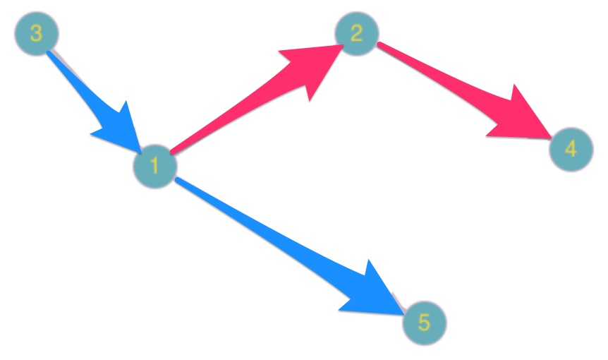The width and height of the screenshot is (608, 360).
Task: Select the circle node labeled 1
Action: click(154, 167)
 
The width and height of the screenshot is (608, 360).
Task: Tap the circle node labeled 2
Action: click(357, 33)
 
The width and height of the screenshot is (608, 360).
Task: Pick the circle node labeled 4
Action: click(571, 149)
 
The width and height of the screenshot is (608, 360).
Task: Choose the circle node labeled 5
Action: click(424, 323)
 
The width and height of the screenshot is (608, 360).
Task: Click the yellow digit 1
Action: click(154, 167)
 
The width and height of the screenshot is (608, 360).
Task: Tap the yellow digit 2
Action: click(357, 33)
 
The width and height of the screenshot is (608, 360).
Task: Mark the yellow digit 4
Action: click(571, 149)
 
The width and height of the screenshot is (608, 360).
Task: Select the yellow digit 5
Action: click(424, 323)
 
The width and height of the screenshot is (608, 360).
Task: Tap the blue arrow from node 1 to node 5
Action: click(282, 240)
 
